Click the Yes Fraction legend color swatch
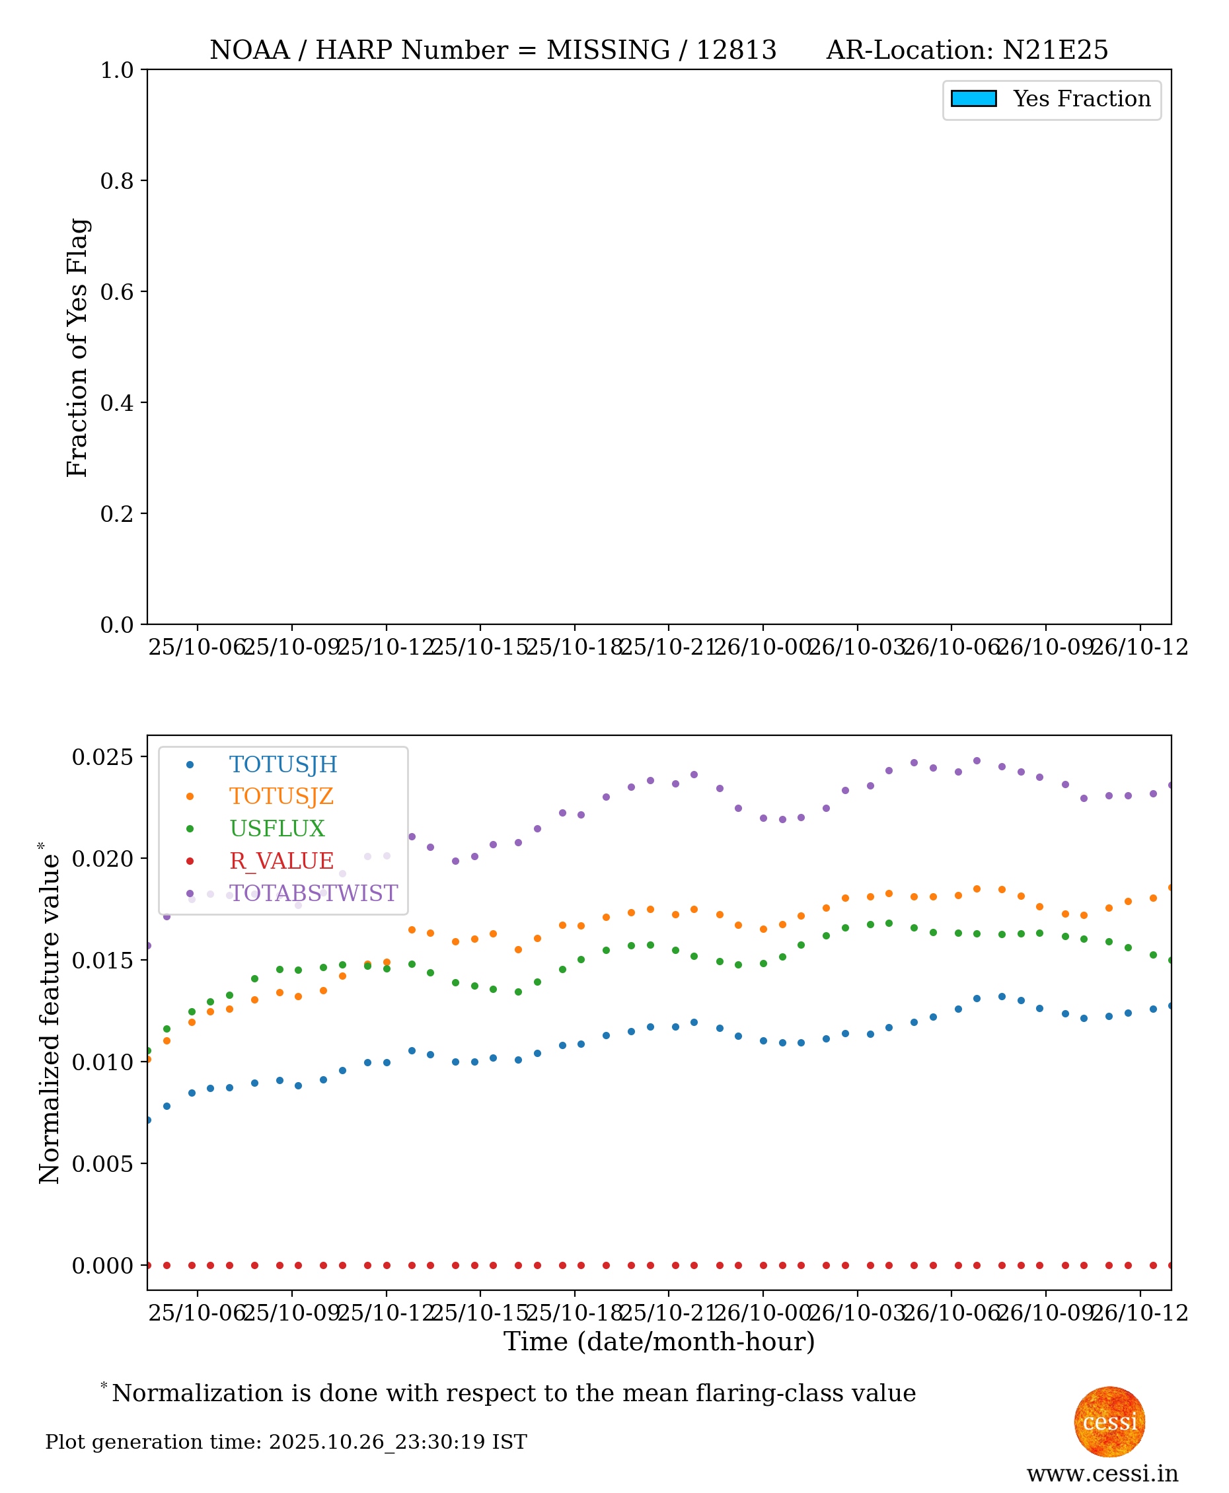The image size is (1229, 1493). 973,98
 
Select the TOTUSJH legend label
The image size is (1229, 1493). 283,764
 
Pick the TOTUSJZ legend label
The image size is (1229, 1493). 281,797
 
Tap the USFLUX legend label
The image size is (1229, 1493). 277,828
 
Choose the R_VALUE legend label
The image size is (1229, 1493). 281,861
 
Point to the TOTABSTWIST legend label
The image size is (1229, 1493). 314,893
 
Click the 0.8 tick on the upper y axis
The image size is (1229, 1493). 117,181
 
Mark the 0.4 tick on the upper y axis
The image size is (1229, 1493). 117,403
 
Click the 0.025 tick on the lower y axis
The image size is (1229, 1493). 102,757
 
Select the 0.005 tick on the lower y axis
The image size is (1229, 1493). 102,1164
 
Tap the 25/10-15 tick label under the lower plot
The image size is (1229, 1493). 480,1313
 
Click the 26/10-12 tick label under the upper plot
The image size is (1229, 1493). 1139,647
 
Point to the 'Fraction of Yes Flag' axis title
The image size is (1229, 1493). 77,347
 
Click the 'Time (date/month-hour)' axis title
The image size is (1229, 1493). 659,1342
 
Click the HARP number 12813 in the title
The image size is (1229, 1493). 736,50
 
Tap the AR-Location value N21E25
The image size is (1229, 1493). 1055,50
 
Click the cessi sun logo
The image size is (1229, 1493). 1109,1422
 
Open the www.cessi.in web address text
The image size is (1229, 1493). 1102,1473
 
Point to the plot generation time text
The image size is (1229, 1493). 286,1442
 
